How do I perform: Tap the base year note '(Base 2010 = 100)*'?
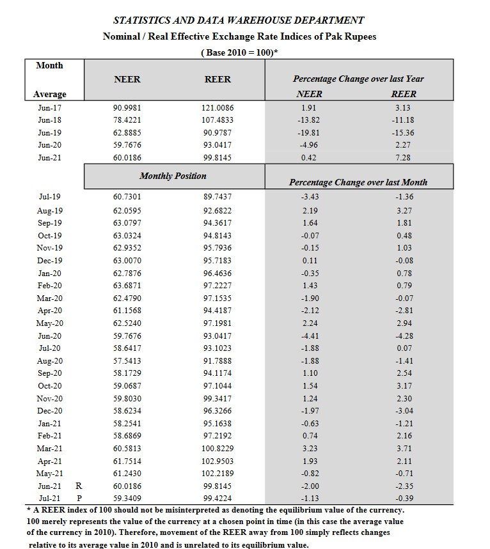tap(239, 52)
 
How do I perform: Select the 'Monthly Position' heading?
tap(173, 176)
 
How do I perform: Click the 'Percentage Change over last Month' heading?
tap(358, 182)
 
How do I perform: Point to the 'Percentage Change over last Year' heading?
tap(358, 79)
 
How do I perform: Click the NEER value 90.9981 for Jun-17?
tap(127, 108)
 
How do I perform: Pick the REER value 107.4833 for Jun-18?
tap(217, 120)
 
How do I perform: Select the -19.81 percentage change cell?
tap(308, 133)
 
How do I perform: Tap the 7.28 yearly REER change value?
tap(403, 158)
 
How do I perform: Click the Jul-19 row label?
tap(49, 197)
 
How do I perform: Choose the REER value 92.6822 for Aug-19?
tap(217, 211)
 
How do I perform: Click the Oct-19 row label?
tap(49, 236)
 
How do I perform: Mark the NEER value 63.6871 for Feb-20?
tap(127, 286)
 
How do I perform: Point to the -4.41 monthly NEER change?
tap(310, 336)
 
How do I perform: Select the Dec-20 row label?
tap(49, 411)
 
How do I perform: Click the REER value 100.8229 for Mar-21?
tap(217, 449)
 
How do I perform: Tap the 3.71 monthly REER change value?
tap(404, 449)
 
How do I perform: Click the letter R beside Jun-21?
tap(79, 486)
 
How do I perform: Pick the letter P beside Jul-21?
tap(79, 499)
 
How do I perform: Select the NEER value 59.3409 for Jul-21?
tap(127, 499)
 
